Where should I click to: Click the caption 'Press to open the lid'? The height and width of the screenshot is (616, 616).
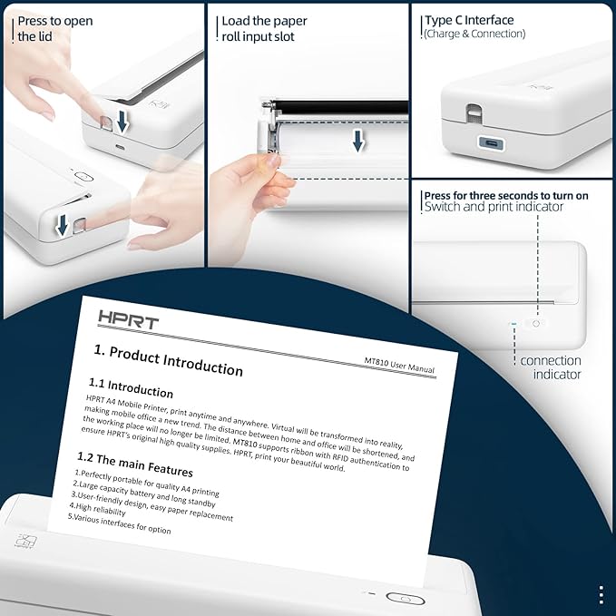coord(54,28)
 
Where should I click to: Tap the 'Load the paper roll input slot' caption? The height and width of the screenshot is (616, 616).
coord(264,28)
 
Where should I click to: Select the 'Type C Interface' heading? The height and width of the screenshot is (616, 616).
coord(469,20)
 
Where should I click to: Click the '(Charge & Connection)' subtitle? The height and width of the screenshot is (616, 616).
coord(474,34)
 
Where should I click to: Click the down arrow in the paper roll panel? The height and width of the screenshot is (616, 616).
coord(359,140)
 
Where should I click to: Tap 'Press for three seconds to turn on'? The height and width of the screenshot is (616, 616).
coord(505,195)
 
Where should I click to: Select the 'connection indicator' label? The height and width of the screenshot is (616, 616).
coord(550,367)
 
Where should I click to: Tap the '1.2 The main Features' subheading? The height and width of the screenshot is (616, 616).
coord(135,464)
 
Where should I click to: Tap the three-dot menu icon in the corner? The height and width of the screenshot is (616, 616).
coord(601,594)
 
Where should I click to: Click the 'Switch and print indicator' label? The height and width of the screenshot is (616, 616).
coord(494,208)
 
